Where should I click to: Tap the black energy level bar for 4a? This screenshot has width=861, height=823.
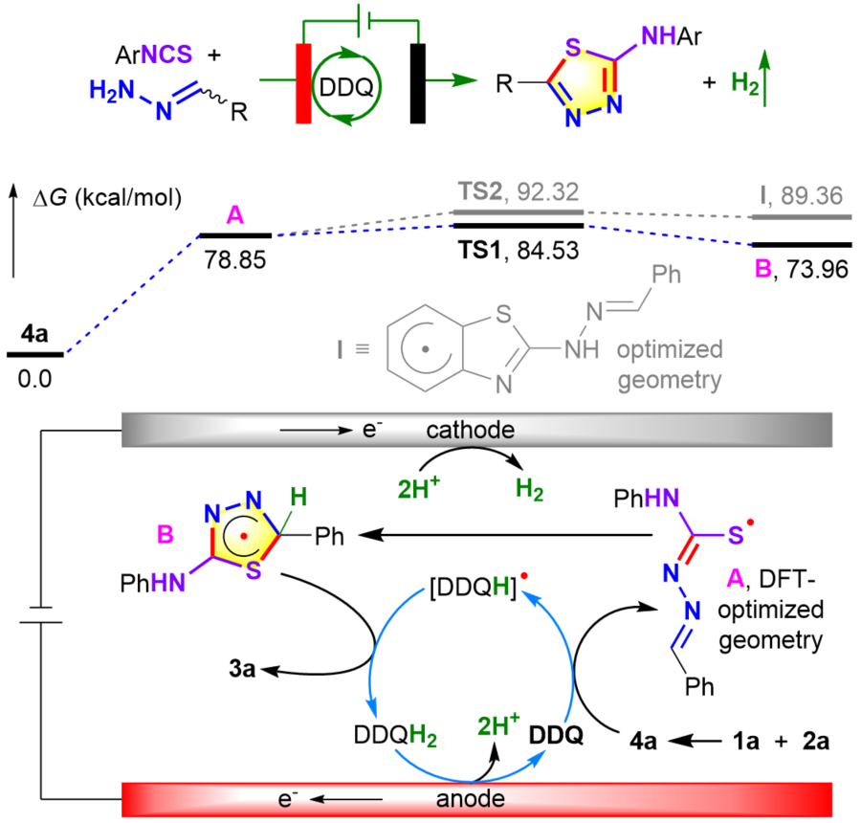pyautogui.click(x=35, y=354)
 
